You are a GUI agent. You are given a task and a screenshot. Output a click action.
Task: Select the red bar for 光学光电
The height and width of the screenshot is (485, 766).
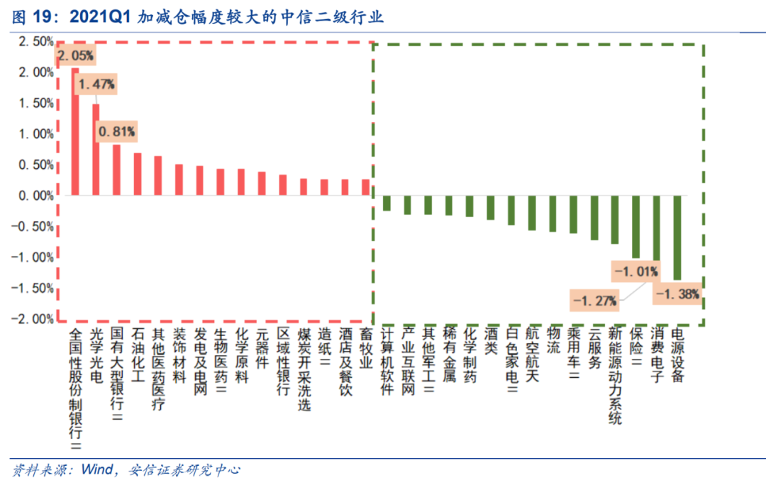96,150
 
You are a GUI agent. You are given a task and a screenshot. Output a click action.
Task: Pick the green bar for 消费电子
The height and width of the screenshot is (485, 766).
656,234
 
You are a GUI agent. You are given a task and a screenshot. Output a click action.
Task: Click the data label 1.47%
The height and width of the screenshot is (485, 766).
96,84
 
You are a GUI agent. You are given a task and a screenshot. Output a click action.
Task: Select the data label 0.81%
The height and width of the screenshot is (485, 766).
117,131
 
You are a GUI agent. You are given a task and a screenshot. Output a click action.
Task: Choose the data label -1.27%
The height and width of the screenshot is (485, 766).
594,301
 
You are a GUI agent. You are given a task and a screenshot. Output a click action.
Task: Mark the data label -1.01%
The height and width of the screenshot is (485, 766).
635,271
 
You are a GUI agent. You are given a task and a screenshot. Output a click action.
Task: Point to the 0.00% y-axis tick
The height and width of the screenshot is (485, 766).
33,196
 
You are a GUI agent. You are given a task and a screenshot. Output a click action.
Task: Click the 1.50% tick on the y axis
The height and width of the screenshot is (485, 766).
33,104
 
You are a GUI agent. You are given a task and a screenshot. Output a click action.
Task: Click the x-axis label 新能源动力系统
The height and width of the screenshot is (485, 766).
615,376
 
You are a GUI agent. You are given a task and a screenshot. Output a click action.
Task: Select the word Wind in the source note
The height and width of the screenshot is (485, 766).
96,469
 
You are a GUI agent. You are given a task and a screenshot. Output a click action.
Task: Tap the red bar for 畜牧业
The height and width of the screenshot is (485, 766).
366,187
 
